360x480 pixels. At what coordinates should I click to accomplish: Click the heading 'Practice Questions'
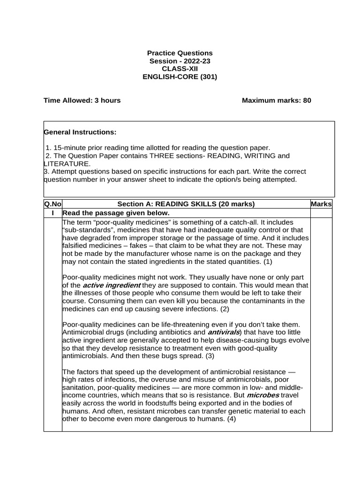(x=180, y=53)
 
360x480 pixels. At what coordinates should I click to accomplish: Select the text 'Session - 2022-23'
(x=180, y=61)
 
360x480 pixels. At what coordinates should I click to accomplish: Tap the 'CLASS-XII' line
(x=180, y=69)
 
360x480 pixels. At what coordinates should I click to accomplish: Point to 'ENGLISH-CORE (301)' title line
(x=180, y=77)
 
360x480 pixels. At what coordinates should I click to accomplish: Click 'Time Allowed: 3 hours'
(x=82, y=100)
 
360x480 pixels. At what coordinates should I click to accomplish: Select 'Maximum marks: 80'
(x=276, y=100)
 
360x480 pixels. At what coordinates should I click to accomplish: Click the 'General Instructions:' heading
(x=80, y=133)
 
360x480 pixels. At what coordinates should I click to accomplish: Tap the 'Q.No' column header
(x=52, y=204)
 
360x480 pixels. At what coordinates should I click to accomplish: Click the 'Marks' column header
(x=322, y=204)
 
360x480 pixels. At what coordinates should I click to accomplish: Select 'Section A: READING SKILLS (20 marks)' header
(x=186, y=204)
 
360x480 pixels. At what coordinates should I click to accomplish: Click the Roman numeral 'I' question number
(x=52, y=213)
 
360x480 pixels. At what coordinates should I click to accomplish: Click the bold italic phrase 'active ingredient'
(x=112, y=285)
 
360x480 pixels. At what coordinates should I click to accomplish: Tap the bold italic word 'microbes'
(x=263, y=395)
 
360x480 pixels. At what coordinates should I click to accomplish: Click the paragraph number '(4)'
(x=231, y=419)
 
